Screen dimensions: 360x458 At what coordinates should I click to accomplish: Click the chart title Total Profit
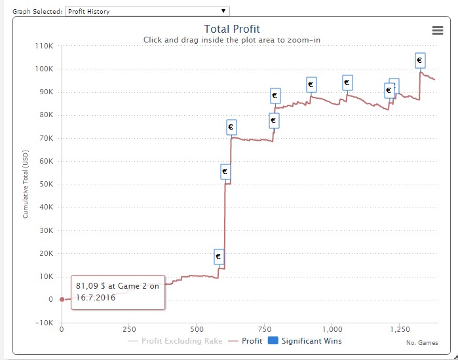click(x=232, y=29)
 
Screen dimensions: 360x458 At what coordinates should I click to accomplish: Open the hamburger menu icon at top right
click(x=438, y=30)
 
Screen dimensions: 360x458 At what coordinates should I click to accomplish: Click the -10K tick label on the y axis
click(x=45, y=323)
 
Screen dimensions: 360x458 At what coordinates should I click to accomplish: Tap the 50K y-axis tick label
click(x=46, y=184)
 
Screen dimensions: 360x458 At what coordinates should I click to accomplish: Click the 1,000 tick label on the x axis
click(x=332, y=330)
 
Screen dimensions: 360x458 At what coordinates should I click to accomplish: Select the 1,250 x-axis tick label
click(x=399, y=330)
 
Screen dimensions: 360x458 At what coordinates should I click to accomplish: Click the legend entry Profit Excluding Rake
click(x=181, y=341)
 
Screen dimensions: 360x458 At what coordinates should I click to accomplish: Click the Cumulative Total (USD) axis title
click(x=26, y=185)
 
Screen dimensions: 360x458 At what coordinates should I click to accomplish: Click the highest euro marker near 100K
click(x=420, y=60)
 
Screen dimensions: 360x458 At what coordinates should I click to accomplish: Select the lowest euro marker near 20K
click(x=219, y=257)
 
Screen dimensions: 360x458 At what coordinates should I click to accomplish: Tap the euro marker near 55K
click(x=225, y=171)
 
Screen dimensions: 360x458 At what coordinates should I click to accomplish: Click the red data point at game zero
click(x=62, y=299)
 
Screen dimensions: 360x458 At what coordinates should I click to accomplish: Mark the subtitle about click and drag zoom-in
click(x=232, y=41)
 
